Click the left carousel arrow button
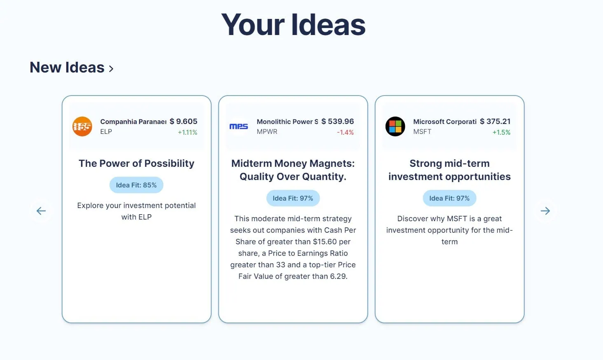(x=41, y=211)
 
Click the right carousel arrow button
(x=545, y=211)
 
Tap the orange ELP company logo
(x=82, y=126)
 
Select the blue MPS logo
(x=239, y=126)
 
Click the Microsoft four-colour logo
(x=395, y=126)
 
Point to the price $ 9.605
(x=183, y=122)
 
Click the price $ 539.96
(x=338, y=122)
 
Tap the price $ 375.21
(x=495, y=122)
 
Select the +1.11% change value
(x=187, y=132)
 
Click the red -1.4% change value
(x=346, y=132)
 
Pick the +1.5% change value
(x=501, y=132)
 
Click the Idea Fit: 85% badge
(x=136, y=185)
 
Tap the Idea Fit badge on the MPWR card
(x=293, y=198)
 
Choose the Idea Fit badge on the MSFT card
(x=449, y=198)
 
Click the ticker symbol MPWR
(x=267, y=132)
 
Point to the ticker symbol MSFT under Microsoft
(x=422, y=132)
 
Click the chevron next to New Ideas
(x=111, y=69)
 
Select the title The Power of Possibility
(x=136, y=164)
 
